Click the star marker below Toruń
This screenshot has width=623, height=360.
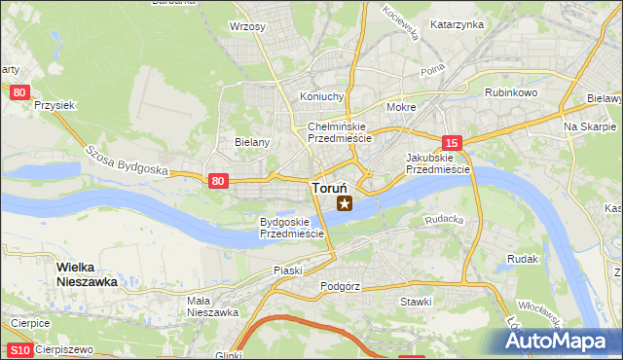click(x=344, y=202)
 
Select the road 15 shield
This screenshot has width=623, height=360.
click(x=450, y=142)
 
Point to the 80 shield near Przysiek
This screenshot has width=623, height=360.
click(x=19, y=92)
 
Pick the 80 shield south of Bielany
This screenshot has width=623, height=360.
click(x=219, y=180)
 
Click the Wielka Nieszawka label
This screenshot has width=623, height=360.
click(x=88, y=273)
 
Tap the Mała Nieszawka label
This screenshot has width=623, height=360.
click(x=213, y=306)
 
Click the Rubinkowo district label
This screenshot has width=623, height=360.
click(x=511, y=92)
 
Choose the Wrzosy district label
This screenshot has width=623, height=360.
click(x=247, y=27)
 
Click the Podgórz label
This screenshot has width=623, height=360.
click(x=341, y=286)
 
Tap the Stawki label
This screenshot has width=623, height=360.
click(x=416, y=302)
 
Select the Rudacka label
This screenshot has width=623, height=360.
click(x=444, y=220)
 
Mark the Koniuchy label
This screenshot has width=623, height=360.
click(x=322, y=96)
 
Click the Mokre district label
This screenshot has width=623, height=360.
click(x=401, y=107)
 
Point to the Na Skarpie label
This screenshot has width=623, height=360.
click(x=591, y=127)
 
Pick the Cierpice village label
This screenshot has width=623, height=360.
click(x=30, y=322)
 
